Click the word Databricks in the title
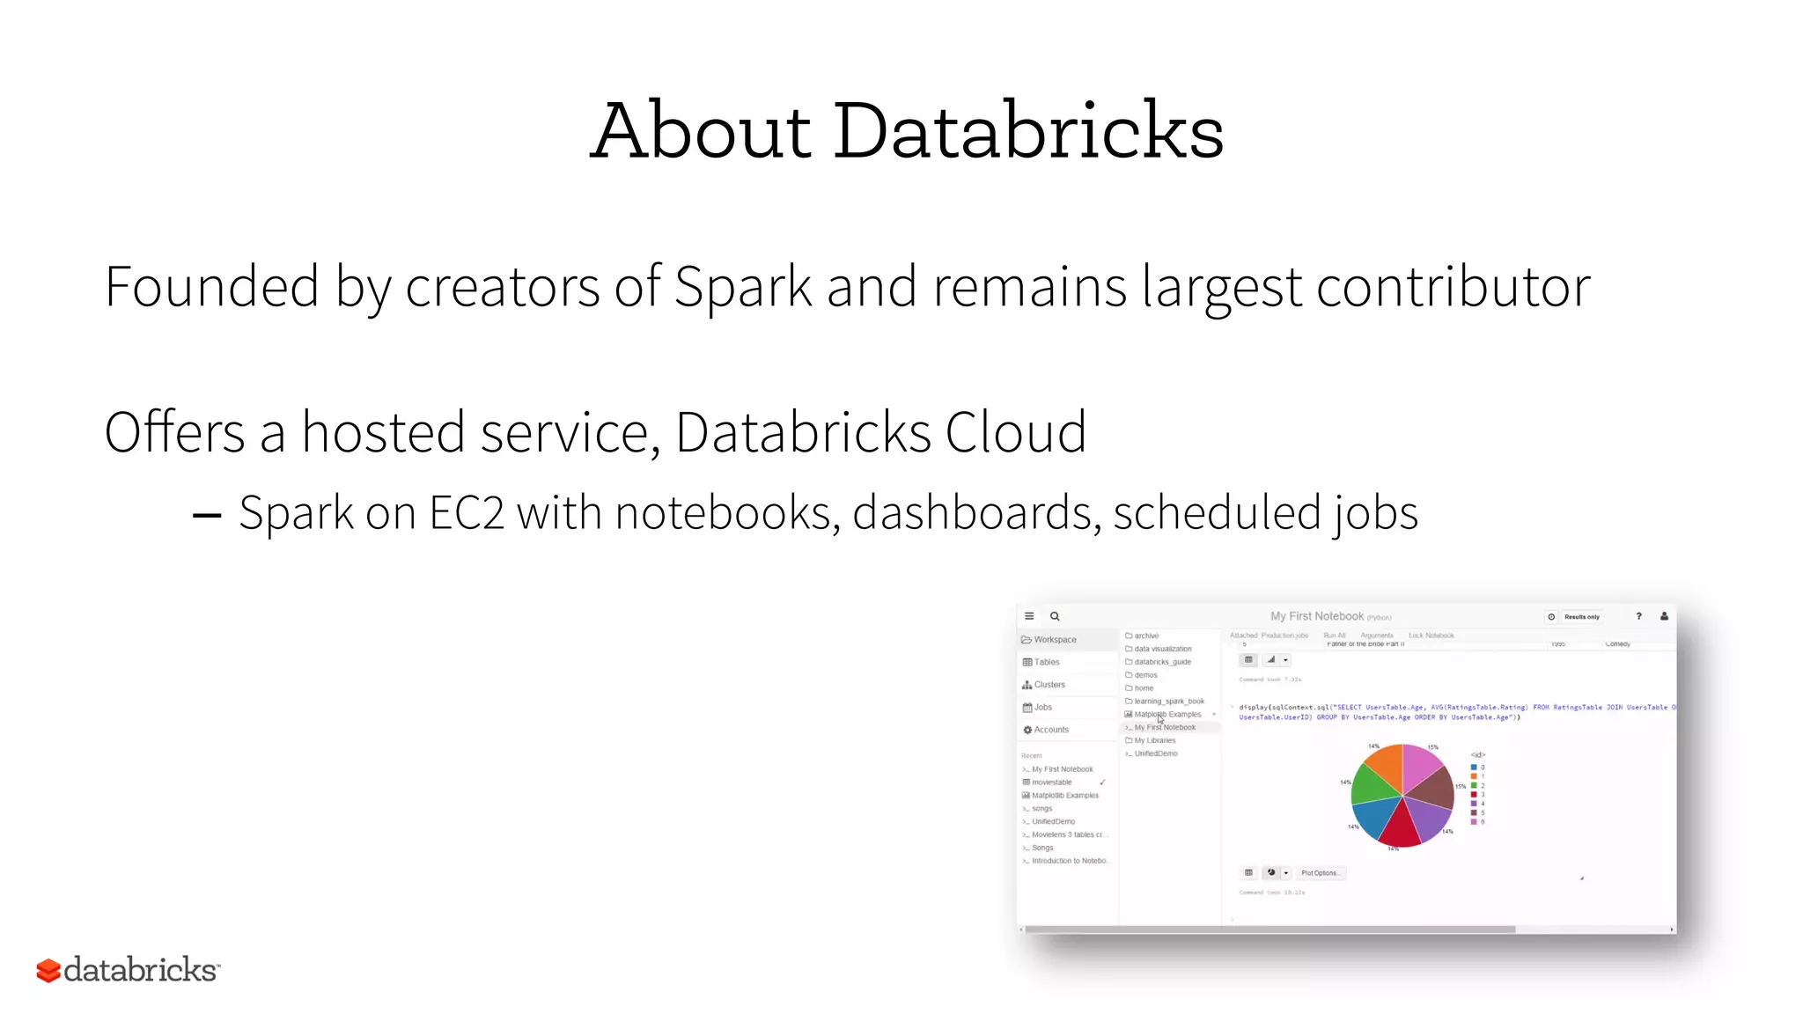click(x=1027, y=132)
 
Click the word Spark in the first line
click(x=742, y=287)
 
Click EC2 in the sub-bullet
click(x=467, y=513)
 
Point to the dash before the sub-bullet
click(x=207, y=516)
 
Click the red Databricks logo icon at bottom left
click(x=48, y=971)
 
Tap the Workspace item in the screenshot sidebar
click(x=1054, y=640)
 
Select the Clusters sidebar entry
click(x=1049, y=685)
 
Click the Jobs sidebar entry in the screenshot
click(x=1042, y=708)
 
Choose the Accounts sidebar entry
click(x=1050, y=730)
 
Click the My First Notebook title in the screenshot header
click(x=1316, y=616)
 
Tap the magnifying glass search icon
click(x=1055, y=616)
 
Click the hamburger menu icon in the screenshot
click(x=1029, y=616)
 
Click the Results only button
click(x=1580, y=617)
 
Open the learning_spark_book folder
click(x=1168, y=702)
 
